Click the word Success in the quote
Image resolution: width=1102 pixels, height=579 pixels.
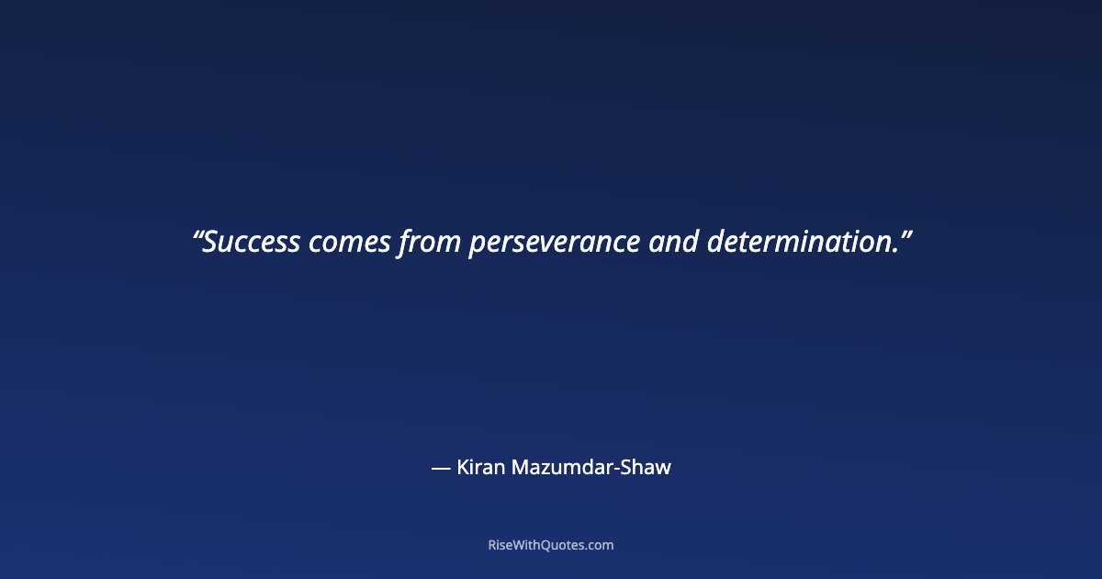252,243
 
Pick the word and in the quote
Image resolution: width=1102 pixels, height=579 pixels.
673,243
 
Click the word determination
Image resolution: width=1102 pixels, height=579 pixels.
799,243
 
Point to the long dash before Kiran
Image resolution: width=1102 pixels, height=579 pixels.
441,468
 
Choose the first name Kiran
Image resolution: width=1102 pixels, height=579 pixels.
478,467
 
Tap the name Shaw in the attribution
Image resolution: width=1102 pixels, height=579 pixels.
647,467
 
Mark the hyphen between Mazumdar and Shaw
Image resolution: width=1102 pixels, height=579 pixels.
616,470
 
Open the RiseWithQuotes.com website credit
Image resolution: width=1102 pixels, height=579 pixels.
551,545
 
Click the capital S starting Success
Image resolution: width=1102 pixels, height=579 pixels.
210,243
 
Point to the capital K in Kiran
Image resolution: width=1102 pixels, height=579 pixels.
463,467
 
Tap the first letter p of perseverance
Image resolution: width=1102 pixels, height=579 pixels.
477,246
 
